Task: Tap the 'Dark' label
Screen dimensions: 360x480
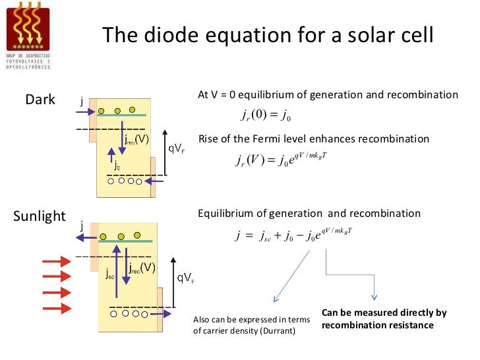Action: coord(40,100)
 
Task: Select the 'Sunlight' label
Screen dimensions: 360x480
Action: coord(40,216)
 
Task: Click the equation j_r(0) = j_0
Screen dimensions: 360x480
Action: coord(267,117)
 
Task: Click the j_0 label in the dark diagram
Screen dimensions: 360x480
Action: coord(117,164)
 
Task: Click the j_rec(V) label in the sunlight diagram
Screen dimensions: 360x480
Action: coord(142,268)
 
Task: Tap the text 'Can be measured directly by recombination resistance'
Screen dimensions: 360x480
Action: coord(384,319)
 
